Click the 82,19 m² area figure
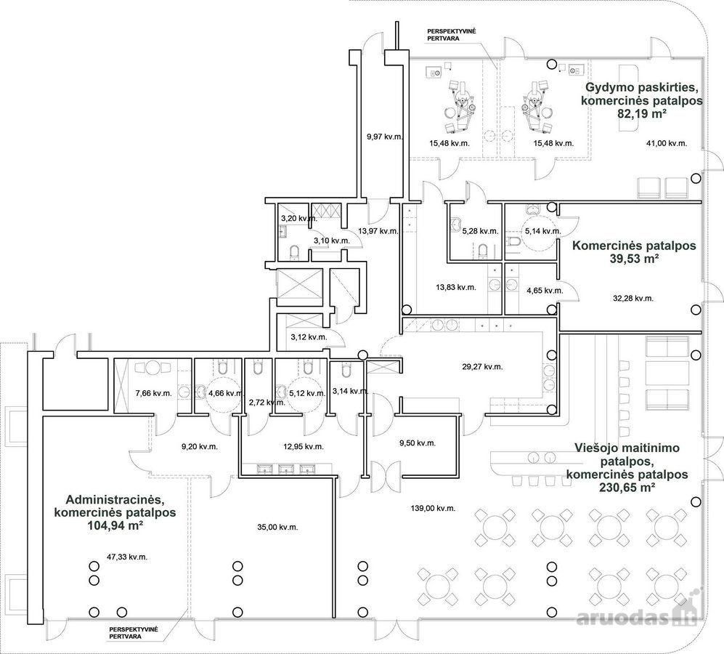[x=642, y=113]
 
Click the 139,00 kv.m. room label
[x=433, y=508]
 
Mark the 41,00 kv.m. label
[x=667, y=143]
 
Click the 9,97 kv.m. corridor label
[x=385, y=137]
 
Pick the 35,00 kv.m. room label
[x=277, y=526]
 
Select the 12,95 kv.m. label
[x=303, y=446]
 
